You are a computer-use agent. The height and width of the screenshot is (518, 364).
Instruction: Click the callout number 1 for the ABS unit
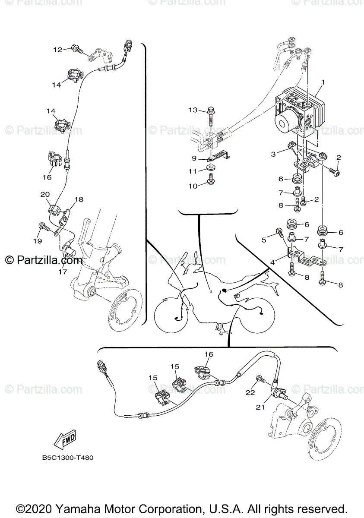click(x=323, y=82)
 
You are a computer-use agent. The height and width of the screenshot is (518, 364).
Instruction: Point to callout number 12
click(x=58, y=50)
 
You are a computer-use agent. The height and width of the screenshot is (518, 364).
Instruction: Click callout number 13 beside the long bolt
click(x=193, y=111)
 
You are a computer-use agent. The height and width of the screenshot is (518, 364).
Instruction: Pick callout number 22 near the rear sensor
click(x=250, y=392)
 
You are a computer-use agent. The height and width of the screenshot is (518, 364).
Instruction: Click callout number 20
click(x=45, y=195)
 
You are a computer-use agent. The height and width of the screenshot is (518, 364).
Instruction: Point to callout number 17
click(x=63, y=272)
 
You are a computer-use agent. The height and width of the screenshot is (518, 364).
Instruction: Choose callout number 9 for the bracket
click(x=194, y=158)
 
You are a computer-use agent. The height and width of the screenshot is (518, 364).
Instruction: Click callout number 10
click(x=193, y=186)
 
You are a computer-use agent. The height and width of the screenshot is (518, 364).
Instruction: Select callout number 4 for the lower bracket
click(x=272, y=262)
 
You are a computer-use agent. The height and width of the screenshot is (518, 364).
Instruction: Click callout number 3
click(x=273, y=154)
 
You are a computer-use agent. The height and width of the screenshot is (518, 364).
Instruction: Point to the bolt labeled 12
click(x=77, y=50)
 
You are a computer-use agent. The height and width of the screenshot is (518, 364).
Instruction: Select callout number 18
click(x=78, y=199)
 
